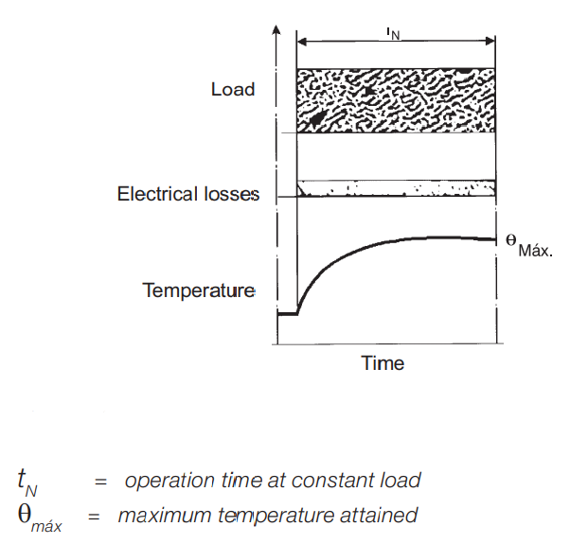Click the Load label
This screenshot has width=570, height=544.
click(233, 89)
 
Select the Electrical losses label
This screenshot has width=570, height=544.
click(188, 194)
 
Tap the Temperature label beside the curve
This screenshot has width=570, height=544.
click(199, 290)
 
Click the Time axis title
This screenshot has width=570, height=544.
click(383, 363)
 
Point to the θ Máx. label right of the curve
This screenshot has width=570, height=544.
click(529, 245)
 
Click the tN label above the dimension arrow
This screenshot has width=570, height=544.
click(393, 34)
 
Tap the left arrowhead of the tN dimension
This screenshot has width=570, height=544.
click(302, 42)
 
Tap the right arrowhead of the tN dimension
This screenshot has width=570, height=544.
click(490, 41)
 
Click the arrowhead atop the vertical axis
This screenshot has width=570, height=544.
click(276, 29)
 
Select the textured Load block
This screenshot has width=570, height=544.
click(396, 100)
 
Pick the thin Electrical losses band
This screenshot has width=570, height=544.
click(396, 188)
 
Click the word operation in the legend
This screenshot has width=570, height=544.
click(169, 481)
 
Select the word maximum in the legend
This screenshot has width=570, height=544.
click(165, 516)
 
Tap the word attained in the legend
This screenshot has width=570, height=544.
click(379, 516)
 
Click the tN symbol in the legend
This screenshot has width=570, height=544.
click(27, 483)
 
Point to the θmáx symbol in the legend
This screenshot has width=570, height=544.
click(40, 518)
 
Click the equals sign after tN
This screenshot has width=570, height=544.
click(100, 483)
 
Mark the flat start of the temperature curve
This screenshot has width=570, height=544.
click(288, 314)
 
